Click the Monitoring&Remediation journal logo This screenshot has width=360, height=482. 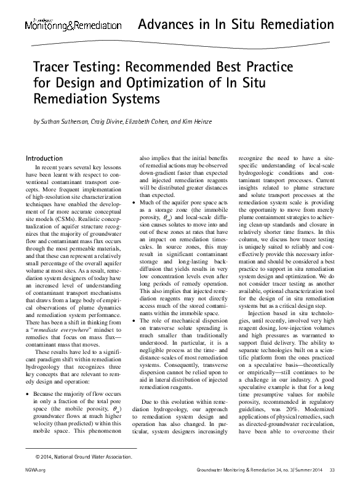73,26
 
